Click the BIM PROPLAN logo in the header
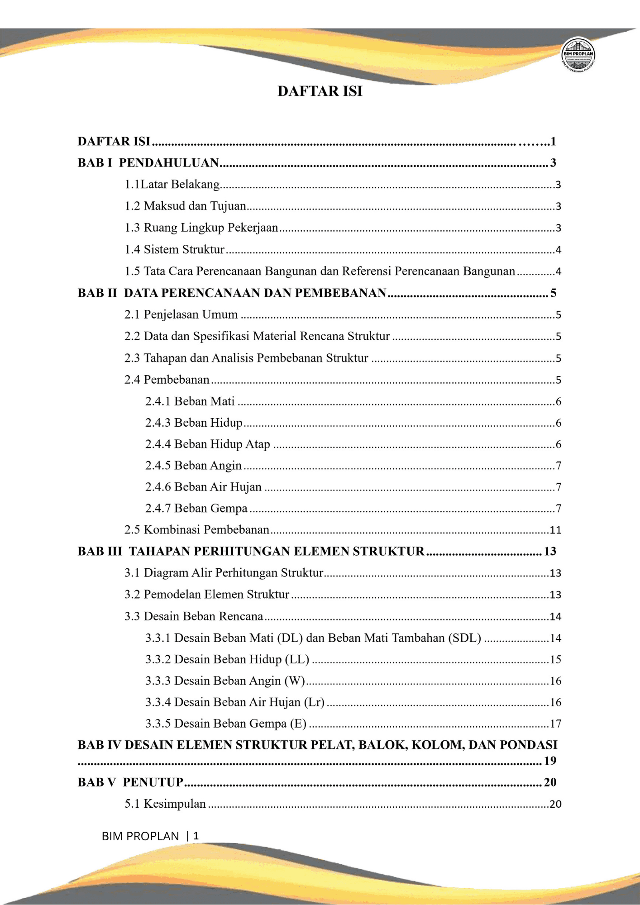578,55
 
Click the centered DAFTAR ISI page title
320,91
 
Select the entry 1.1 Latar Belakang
172,184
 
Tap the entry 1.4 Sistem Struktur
175,249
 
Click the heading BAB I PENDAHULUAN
148,162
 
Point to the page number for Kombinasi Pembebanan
555,530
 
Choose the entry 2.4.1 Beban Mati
190,401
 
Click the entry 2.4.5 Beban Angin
193,466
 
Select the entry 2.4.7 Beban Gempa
196,509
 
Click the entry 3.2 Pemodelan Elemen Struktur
207,595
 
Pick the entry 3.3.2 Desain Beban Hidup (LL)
227,659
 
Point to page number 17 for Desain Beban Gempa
555,724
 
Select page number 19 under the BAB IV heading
550,761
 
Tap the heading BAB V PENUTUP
130,782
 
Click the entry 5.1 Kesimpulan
165,804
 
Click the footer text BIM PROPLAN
140,836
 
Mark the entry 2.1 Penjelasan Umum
181,314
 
